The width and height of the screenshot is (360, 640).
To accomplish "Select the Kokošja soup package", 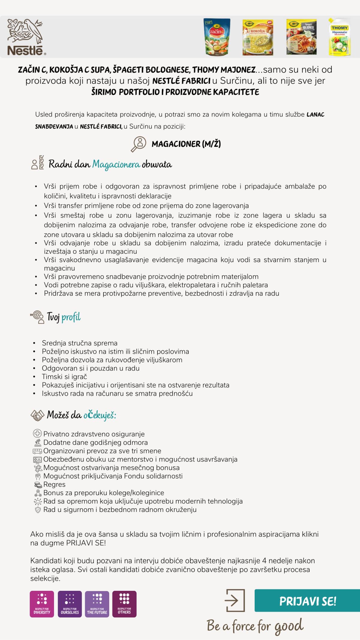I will click(258, 37).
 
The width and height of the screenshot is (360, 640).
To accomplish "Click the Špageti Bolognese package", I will click(301, 37).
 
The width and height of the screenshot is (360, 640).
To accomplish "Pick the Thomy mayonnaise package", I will click(340, 37).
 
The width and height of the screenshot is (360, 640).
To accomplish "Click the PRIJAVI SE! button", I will click(307, 601).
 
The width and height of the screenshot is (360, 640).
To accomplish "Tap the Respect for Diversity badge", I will click(42, 604).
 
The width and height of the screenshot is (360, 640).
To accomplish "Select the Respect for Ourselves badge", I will click(70, 604).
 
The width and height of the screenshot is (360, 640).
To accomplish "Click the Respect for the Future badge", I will click(97, 604).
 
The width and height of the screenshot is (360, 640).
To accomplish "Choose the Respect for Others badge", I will click(124, 604).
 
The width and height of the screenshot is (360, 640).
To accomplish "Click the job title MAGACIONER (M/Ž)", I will click(186, 144).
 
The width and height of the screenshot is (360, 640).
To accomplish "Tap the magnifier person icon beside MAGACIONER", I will click(138, 144).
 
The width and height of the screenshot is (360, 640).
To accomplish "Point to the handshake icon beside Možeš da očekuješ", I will click(37, 415).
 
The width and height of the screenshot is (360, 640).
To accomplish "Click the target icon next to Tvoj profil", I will click(37, 317).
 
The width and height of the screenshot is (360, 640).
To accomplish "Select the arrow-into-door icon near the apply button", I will click(235, 600).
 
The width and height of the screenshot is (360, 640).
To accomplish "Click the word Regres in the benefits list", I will click(54, 484).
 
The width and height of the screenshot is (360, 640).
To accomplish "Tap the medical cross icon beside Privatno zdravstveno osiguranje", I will click(37, 433).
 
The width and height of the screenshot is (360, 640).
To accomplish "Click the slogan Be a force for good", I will click(255, 626).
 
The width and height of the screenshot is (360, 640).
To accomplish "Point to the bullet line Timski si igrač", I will click(64, 377).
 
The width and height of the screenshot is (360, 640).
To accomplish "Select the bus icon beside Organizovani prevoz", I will click(37, 451).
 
